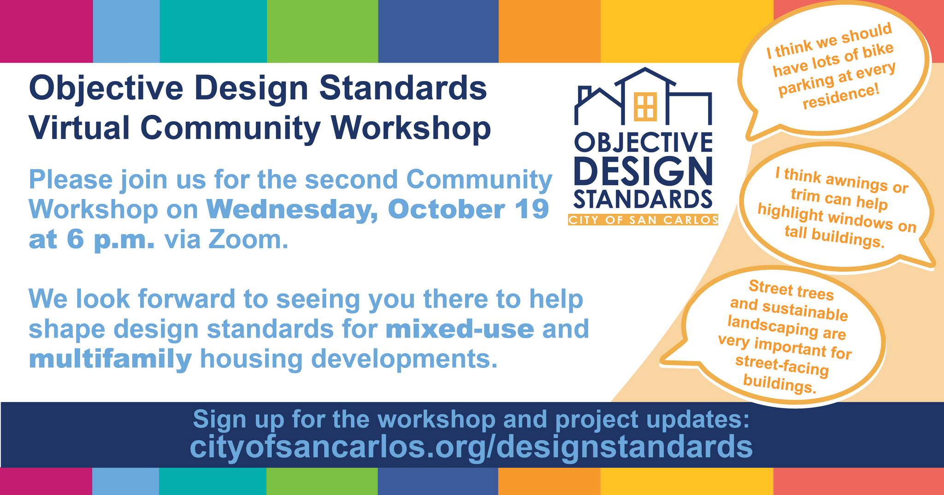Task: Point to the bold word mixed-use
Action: coord(460,329)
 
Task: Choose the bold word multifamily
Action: coord(110,360)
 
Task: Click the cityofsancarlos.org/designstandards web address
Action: coord(471,447)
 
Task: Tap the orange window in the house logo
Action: coord(644,106)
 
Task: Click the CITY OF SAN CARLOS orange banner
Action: coord(643,220)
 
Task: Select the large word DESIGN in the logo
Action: coord(643,171)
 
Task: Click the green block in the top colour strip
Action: coord(322,31)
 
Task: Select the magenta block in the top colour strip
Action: coord(46,31)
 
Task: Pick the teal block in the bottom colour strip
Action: coord(212,481)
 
